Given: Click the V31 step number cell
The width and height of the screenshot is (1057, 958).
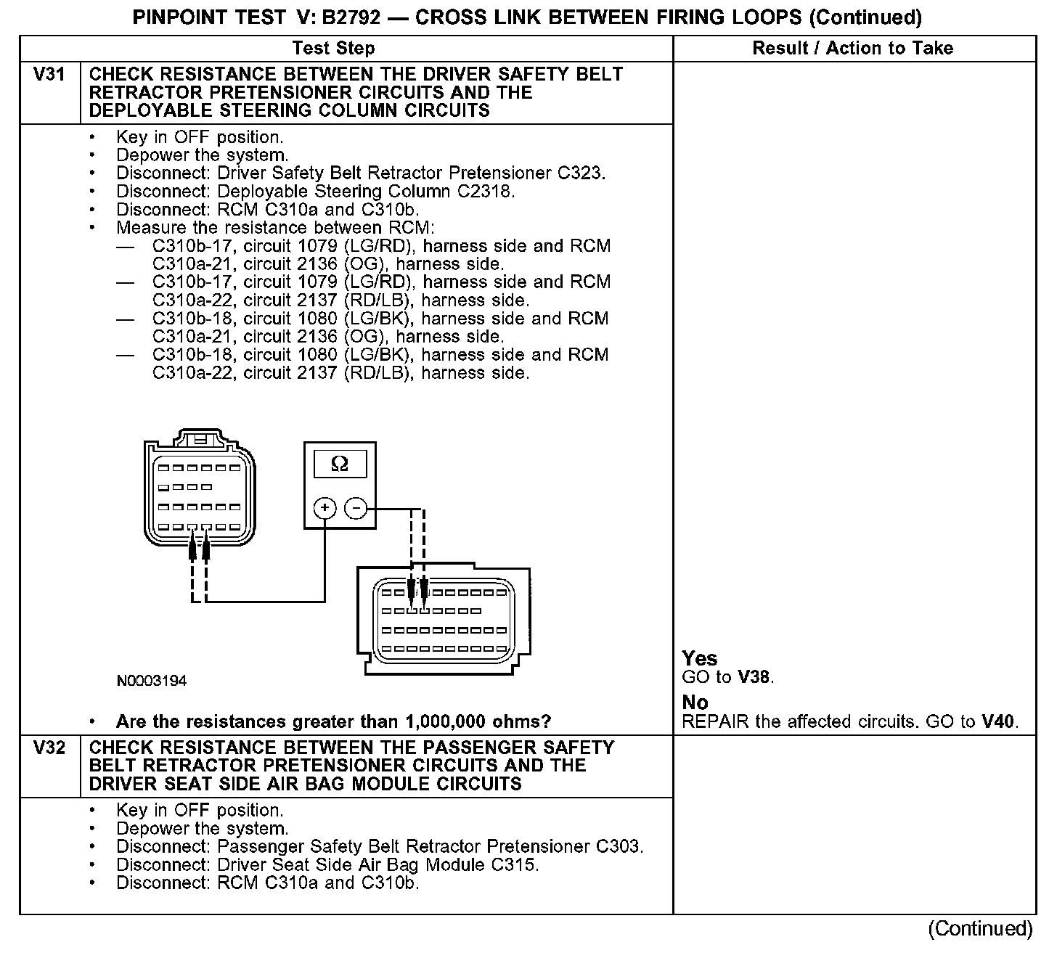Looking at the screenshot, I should click(x=49, y=75).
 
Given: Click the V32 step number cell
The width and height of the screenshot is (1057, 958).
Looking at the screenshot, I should click(x=49, y=748).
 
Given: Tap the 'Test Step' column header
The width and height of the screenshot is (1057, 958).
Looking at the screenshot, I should click(x=333, y=49).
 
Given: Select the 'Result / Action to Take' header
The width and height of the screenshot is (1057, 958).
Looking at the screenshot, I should click(x=853, y=49).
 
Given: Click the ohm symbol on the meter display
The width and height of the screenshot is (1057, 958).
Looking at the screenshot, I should click(x=339, y=464).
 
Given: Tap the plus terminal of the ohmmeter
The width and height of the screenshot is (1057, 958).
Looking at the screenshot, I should click(x=325, y=508).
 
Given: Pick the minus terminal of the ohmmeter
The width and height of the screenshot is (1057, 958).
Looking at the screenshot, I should click(x=356, y=508).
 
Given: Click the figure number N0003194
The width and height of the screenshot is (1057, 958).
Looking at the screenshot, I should click(x=151, y=681).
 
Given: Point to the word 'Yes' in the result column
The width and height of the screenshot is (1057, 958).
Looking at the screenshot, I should click(x=700, y=658).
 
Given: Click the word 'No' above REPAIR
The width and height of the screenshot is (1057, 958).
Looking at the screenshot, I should click(x=695, y=702).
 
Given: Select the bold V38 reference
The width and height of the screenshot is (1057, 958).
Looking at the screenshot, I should click(x=755, y=677).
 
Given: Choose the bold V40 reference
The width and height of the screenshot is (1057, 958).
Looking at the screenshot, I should click(x=999, y=721).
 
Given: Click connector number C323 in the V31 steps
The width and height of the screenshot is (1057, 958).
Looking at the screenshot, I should click(x=581, y=173).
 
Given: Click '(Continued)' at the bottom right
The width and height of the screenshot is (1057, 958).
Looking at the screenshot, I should click(x=980, y=929).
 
